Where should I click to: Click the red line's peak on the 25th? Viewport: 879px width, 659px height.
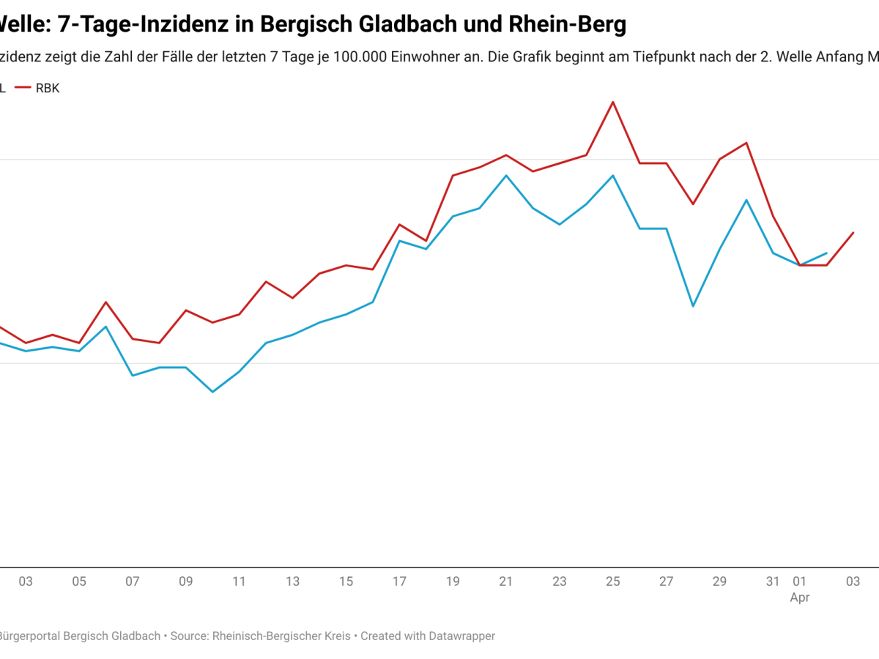coord(613,102)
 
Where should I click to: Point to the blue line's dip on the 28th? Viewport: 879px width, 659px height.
coord(693,305)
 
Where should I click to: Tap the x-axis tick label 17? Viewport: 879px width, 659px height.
coord(399,582)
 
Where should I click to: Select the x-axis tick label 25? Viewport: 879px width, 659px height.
coord(613,582)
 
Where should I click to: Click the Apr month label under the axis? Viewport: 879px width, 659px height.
coord(799,598)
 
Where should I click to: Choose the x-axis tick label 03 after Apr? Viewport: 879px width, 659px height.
coord(853,582)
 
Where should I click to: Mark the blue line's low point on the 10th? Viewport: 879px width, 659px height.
coord(212,392)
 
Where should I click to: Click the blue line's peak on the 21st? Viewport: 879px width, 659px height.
coord(506,175)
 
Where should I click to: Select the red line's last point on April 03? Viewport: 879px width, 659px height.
coord(853,233)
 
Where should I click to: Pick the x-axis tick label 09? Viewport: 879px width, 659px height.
coord(185,582)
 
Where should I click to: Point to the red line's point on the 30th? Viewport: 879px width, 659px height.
coord(746,143)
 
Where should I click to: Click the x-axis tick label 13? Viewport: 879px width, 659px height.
coord(292,582)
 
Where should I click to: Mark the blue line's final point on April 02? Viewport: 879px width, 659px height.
coord(827,253)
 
